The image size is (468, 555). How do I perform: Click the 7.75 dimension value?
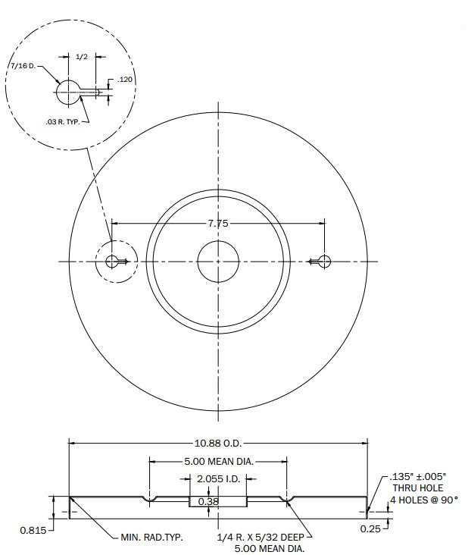click(218, 224)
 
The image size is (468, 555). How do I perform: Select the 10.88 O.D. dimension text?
click(218, 443)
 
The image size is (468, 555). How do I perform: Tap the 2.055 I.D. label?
click(218, 479)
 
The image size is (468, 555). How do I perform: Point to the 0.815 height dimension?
click(33, 530)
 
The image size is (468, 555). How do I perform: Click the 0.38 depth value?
click(208, 502)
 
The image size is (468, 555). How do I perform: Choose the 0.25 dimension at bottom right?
click(370, 528)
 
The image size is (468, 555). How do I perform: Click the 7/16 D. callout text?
click(23, 66)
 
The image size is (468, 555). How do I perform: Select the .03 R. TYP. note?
click(63, 122)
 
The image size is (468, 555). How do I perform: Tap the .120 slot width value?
click(125, 80)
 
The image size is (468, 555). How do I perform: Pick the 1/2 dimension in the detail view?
click(81, 57)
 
